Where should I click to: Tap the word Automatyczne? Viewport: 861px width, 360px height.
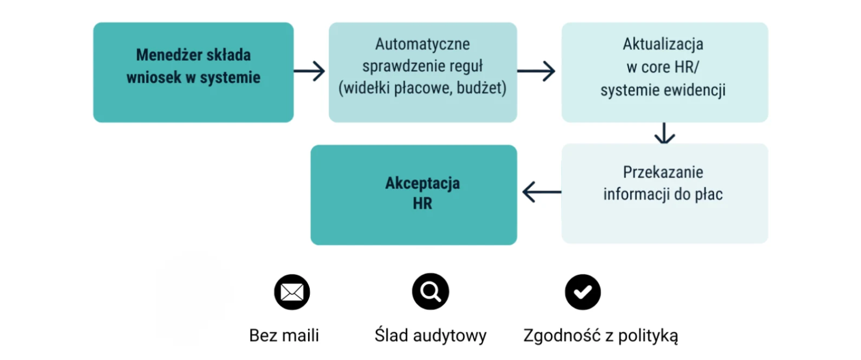422,44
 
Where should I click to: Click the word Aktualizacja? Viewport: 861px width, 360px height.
663,44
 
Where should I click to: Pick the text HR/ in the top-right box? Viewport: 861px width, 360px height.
686,67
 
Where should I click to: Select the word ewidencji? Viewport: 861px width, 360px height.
695,90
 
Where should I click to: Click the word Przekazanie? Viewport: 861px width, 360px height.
663,172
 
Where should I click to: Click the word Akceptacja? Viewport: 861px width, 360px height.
422,183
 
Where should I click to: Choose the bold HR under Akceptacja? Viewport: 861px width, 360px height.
422,204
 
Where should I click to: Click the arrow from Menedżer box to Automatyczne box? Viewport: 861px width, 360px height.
310,71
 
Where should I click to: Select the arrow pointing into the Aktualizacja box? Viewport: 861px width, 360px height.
537,71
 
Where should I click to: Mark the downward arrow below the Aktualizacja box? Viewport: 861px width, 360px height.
664,133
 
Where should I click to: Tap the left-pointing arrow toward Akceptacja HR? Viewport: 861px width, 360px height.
542,192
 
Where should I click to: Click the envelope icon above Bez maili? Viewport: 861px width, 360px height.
292,292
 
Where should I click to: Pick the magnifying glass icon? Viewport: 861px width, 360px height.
430,292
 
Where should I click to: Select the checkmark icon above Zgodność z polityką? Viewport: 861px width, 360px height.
583,292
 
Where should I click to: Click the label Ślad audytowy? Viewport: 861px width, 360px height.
430,336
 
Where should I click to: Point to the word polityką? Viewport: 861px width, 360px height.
648,336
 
